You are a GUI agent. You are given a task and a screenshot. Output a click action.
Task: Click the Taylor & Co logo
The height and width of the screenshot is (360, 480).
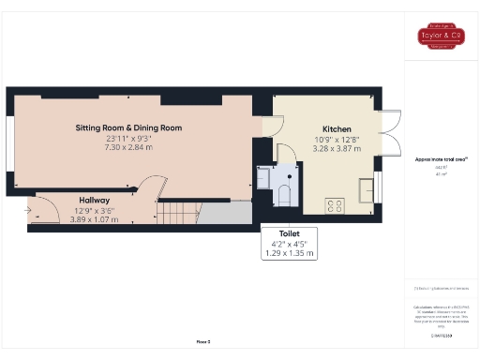[x=442, y=37]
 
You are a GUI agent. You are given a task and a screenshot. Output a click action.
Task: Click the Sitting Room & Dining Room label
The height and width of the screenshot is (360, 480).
[x=128, y=127]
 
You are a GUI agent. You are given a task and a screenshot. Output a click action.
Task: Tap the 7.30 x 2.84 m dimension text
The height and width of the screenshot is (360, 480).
[x=128, y=147]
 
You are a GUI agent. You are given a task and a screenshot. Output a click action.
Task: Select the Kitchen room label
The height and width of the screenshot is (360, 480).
[x=336, y=128]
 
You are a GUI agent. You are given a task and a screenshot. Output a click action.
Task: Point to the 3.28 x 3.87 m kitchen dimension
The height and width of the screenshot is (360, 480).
[x=336, y=148]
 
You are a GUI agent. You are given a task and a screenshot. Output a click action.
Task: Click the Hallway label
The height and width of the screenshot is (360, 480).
[x=94, y=200]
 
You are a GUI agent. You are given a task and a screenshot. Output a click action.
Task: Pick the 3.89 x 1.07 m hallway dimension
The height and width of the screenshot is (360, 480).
[x=94, y=219]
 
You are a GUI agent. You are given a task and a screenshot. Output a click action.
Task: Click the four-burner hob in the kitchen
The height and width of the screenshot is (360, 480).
[x=334, y=206]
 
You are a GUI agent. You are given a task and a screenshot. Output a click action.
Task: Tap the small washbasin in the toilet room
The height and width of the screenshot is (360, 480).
[x=264, y=175]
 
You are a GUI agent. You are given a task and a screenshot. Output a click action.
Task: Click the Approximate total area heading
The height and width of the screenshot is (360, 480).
[x=441, y=159]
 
